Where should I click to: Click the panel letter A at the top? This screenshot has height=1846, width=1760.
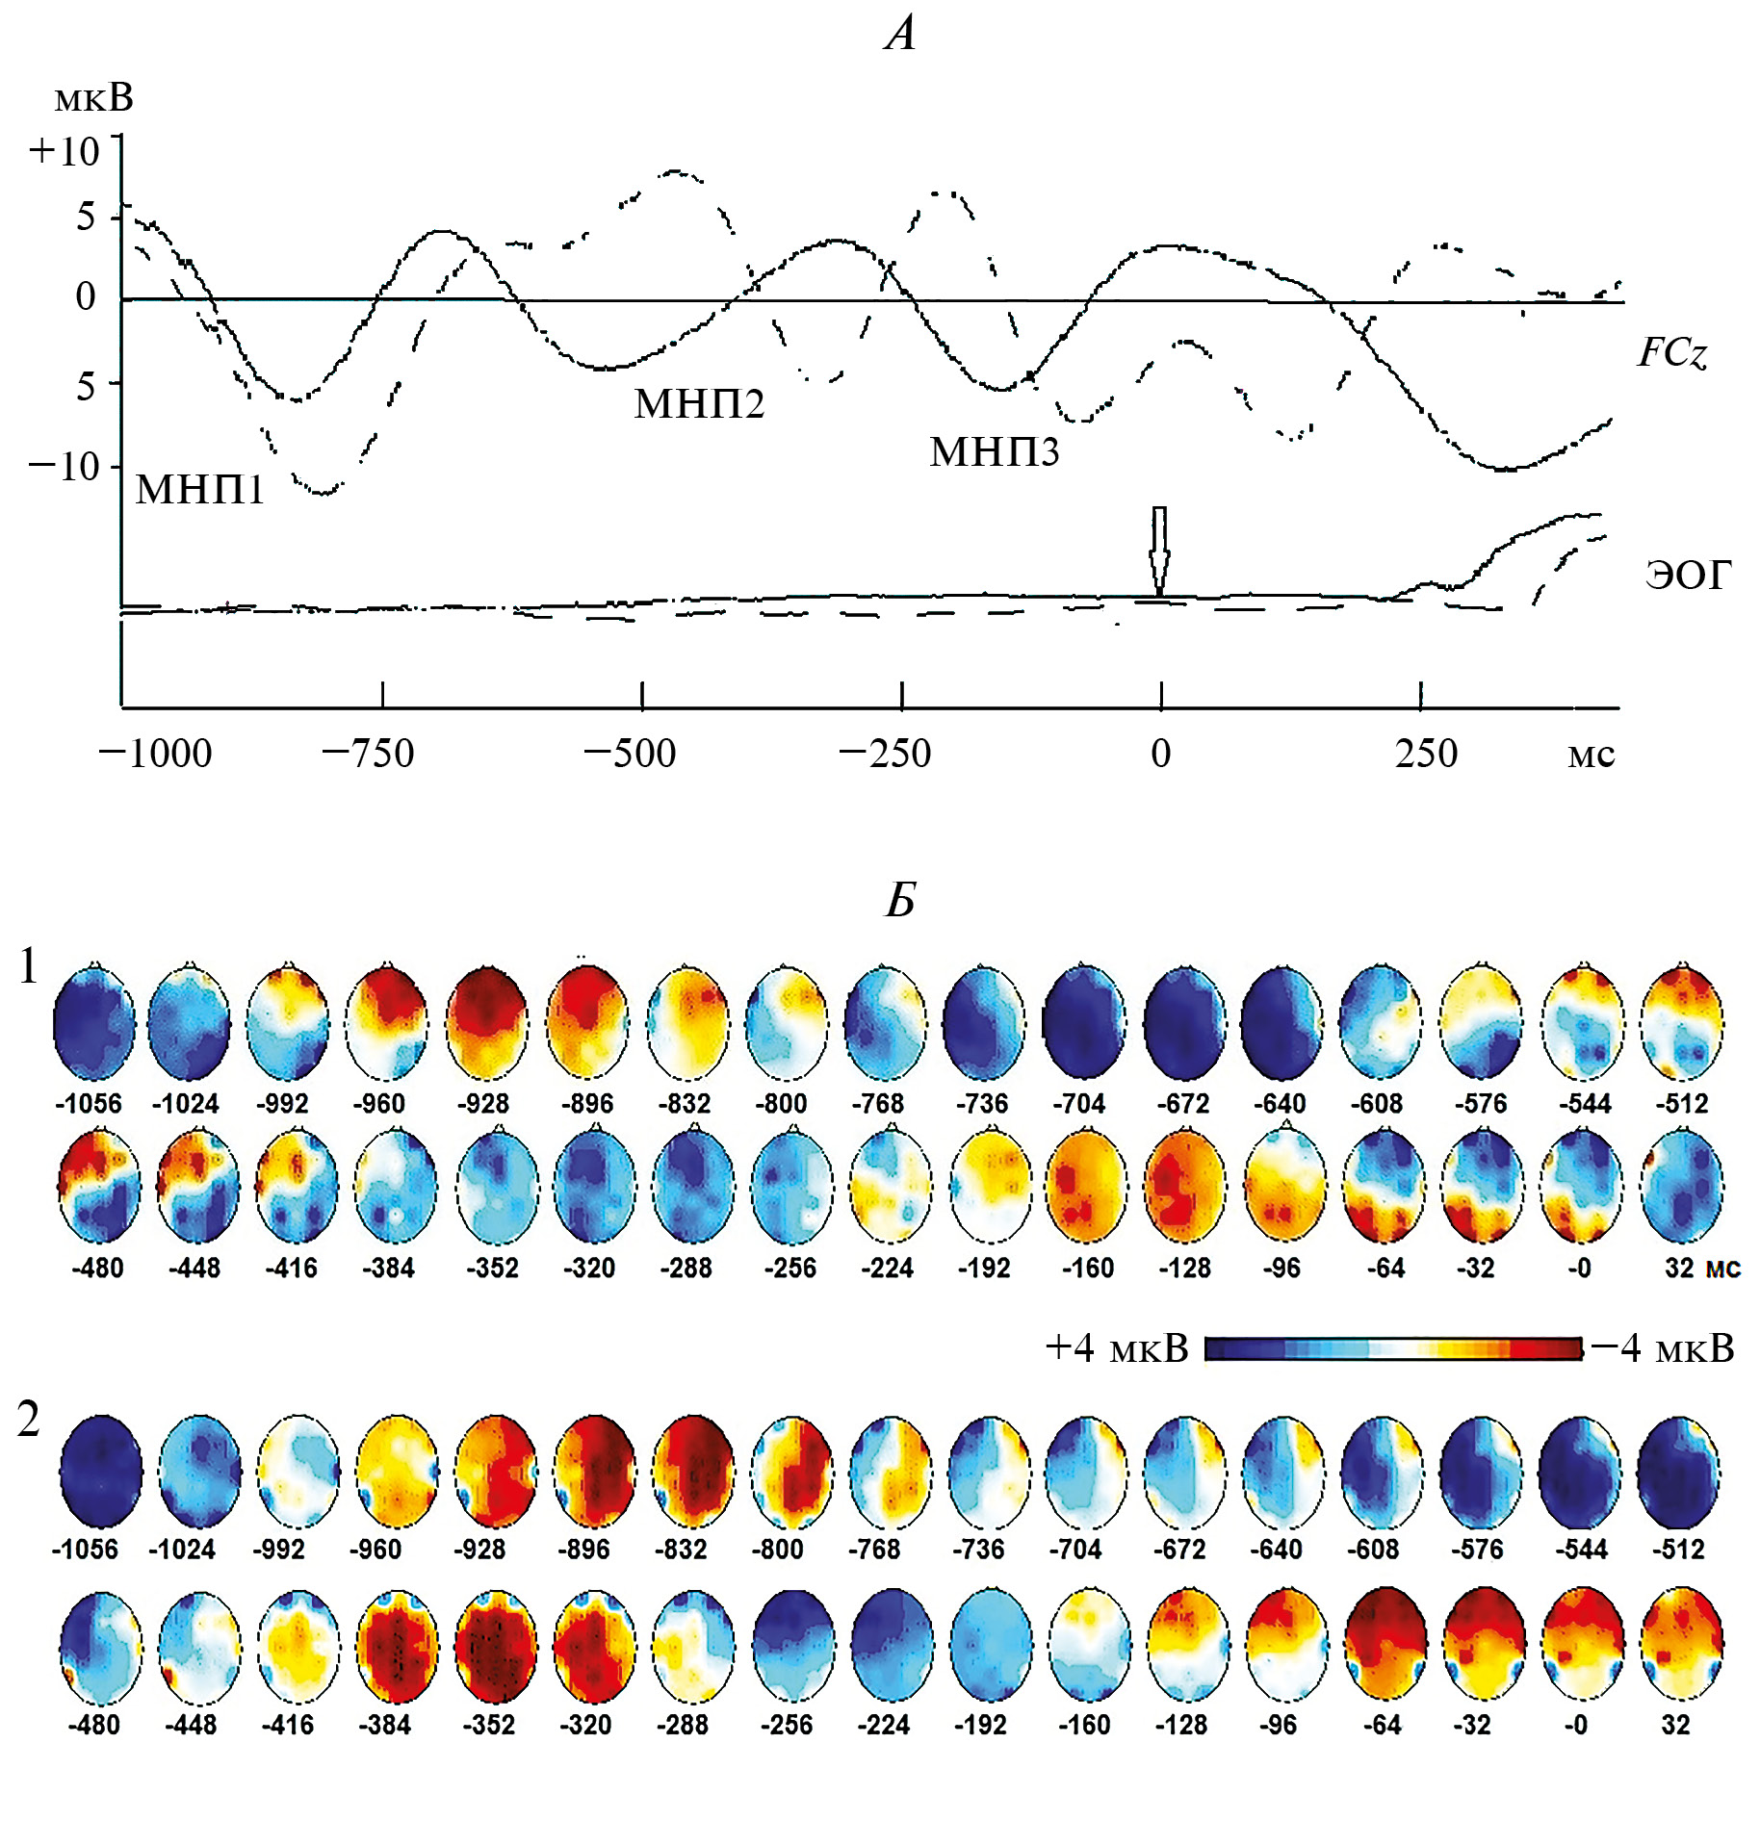901,35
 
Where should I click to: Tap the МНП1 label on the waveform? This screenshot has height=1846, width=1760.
199,490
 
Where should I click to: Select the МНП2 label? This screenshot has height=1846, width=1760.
699,403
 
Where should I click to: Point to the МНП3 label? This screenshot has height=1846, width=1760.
994,451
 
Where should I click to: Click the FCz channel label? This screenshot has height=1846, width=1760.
1672,353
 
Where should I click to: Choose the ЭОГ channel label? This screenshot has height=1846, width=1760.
1687,575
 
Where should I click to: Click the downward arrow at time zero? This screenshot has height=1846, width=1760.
1160,551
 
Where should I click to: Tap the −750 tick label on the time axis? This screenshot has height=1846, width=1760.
368,754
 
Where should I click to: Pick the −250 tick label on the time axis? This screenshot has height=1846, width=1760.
885,754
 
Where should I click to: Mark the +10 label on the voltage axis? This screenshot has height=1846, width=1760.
65,152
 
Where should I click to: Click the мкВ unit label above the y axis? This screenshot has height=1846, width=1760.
93,98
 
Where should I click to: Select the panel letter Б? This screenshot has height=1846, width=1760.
900,900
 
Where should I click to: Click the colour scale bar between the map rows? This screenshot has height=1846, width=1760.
1392,1349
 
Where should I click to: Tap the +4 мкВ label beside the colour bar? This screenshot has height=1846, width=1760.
1117,1349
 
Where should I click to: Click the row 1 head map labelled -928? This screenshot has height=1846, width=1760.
486,1022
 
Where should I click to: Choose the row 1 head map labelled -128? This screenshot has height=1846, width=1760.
1185,1187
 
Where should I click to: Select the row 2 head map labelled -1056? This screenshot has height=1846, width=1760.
100,1471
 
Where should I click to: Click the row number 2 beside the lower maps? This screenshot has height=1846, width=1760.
29,1420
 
